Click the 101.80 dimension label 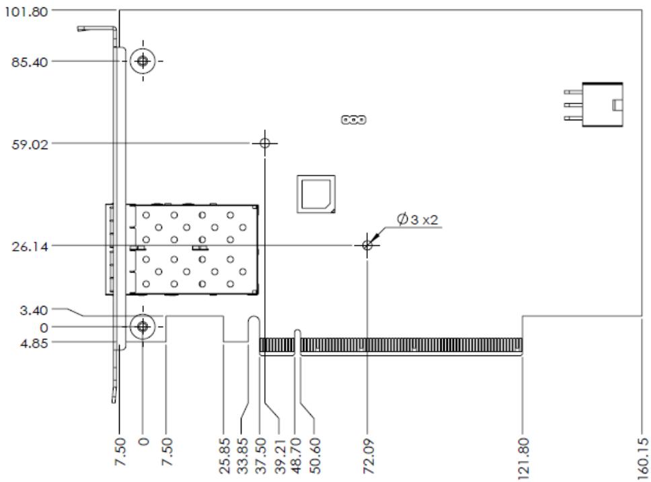[26, 11]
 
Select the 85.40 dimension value [30, 63]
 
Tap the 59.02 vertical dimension [30, 145]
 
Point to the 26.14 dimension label [30, 247]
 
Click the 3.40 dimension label [34, 310]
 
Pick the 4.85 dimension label [34, 344]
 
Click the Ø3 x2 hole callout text [417, 219]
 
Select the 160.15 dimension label [643, 455]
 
